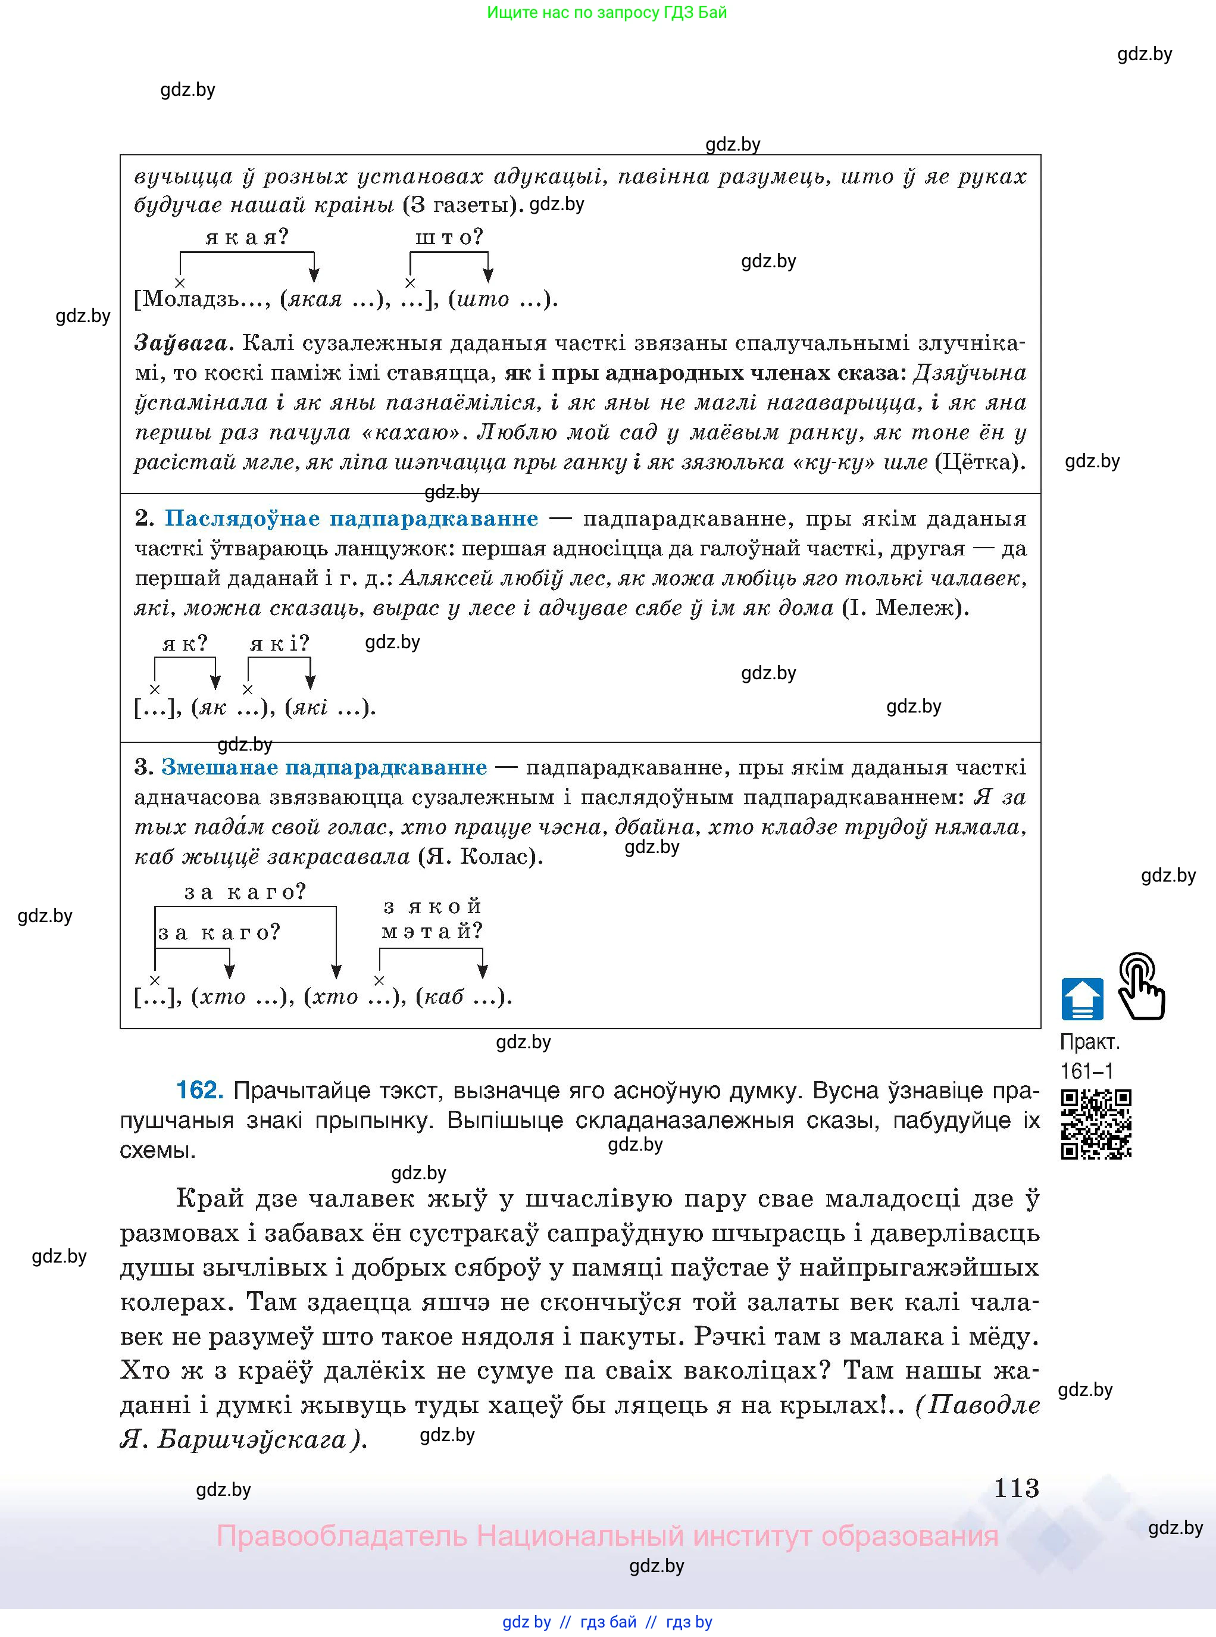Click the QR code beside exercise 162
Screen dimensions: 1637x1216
(x=1095, y=1124)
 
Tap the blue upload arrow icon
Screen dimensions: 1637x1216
(x=1082, y=999)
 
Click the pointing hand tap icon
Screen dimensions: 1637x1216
(x=1140, y=986)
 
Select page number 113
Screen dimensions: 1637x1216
(x=1016, y=1488)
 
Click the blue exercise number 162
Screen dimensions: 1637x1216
(x=199, y=1090)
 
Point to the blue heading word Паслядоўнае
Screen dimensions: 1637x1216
(x=243, y=518)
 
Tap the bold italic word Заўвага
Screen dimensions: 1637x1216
(x=184, y=343)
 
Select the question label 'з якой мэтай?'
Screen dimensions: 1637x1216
(x=432, y=919)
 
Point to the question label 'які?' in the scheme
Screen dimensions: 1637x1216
(x=279, y=644)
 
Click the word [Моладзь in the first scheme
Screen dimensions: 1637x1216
(x=187, y=299)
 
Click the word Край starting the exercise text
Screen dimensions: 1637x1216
(x=210, y=1198)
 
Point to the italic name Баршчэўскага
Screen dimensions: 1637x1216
(x=252, y=1438)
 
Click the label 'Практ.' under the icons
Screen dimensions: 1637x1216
(x=1089, y=1042)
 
